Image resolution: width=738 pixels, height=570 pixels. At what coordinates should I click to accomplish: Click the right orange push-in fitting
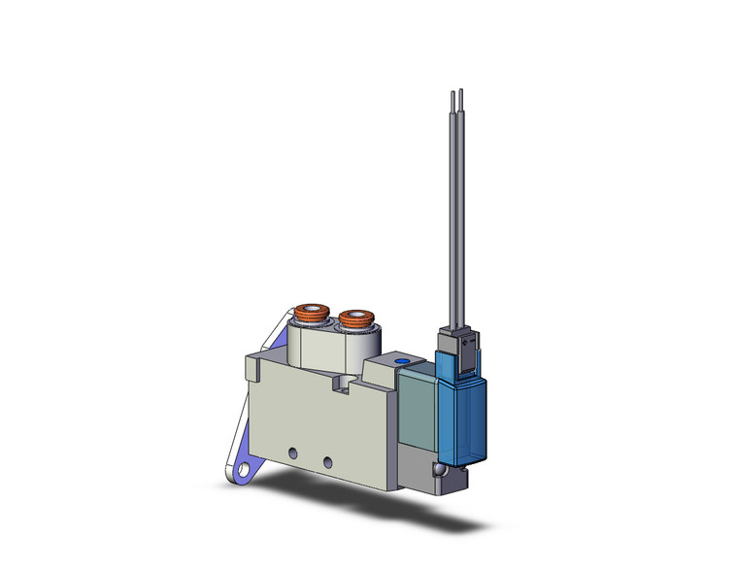[x=354, y=317]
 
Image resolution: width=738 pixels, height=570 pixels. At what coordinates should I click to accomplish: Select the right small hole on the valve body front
[x=327, y=458]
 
